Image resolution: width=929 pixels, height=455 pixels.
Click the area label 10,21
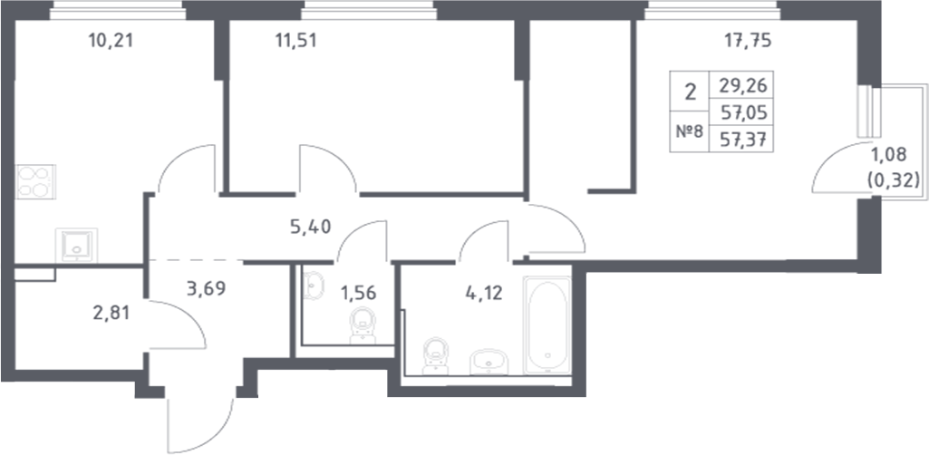[117, 40]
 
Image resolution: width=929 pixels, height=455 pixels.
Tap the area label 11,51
[299, 40]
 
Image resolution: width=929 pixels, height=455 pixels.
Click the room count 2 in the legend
[691, 92]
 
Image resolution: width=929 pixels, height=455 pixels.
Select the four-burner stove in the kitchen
[37, 182]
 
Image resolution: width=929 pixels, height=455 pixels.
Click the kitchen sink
[75, 244]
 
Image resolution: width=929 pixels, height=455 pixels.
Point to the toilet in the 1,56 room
[363, 323]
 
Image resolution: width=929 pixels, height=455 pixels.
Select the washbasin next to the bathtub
[489, 363]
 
